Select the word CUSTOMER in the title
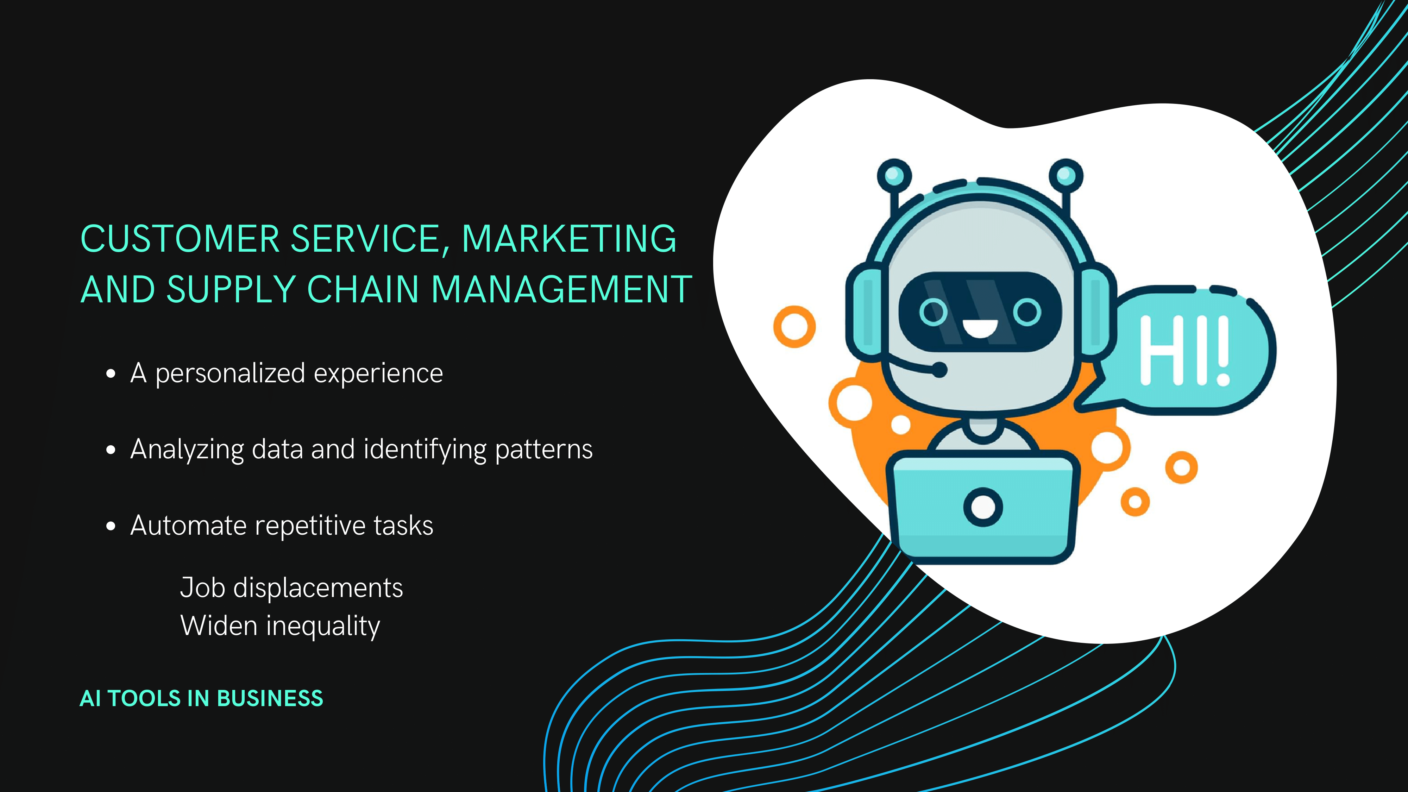180,239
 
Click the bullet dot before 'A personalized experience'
111,374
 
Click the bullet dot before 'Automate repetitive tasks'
111,526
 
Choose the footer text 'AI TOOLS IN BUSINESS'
201,698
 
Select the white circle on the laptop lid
983,507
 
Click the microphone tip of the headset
939,370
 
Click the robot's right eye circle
1027,312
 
